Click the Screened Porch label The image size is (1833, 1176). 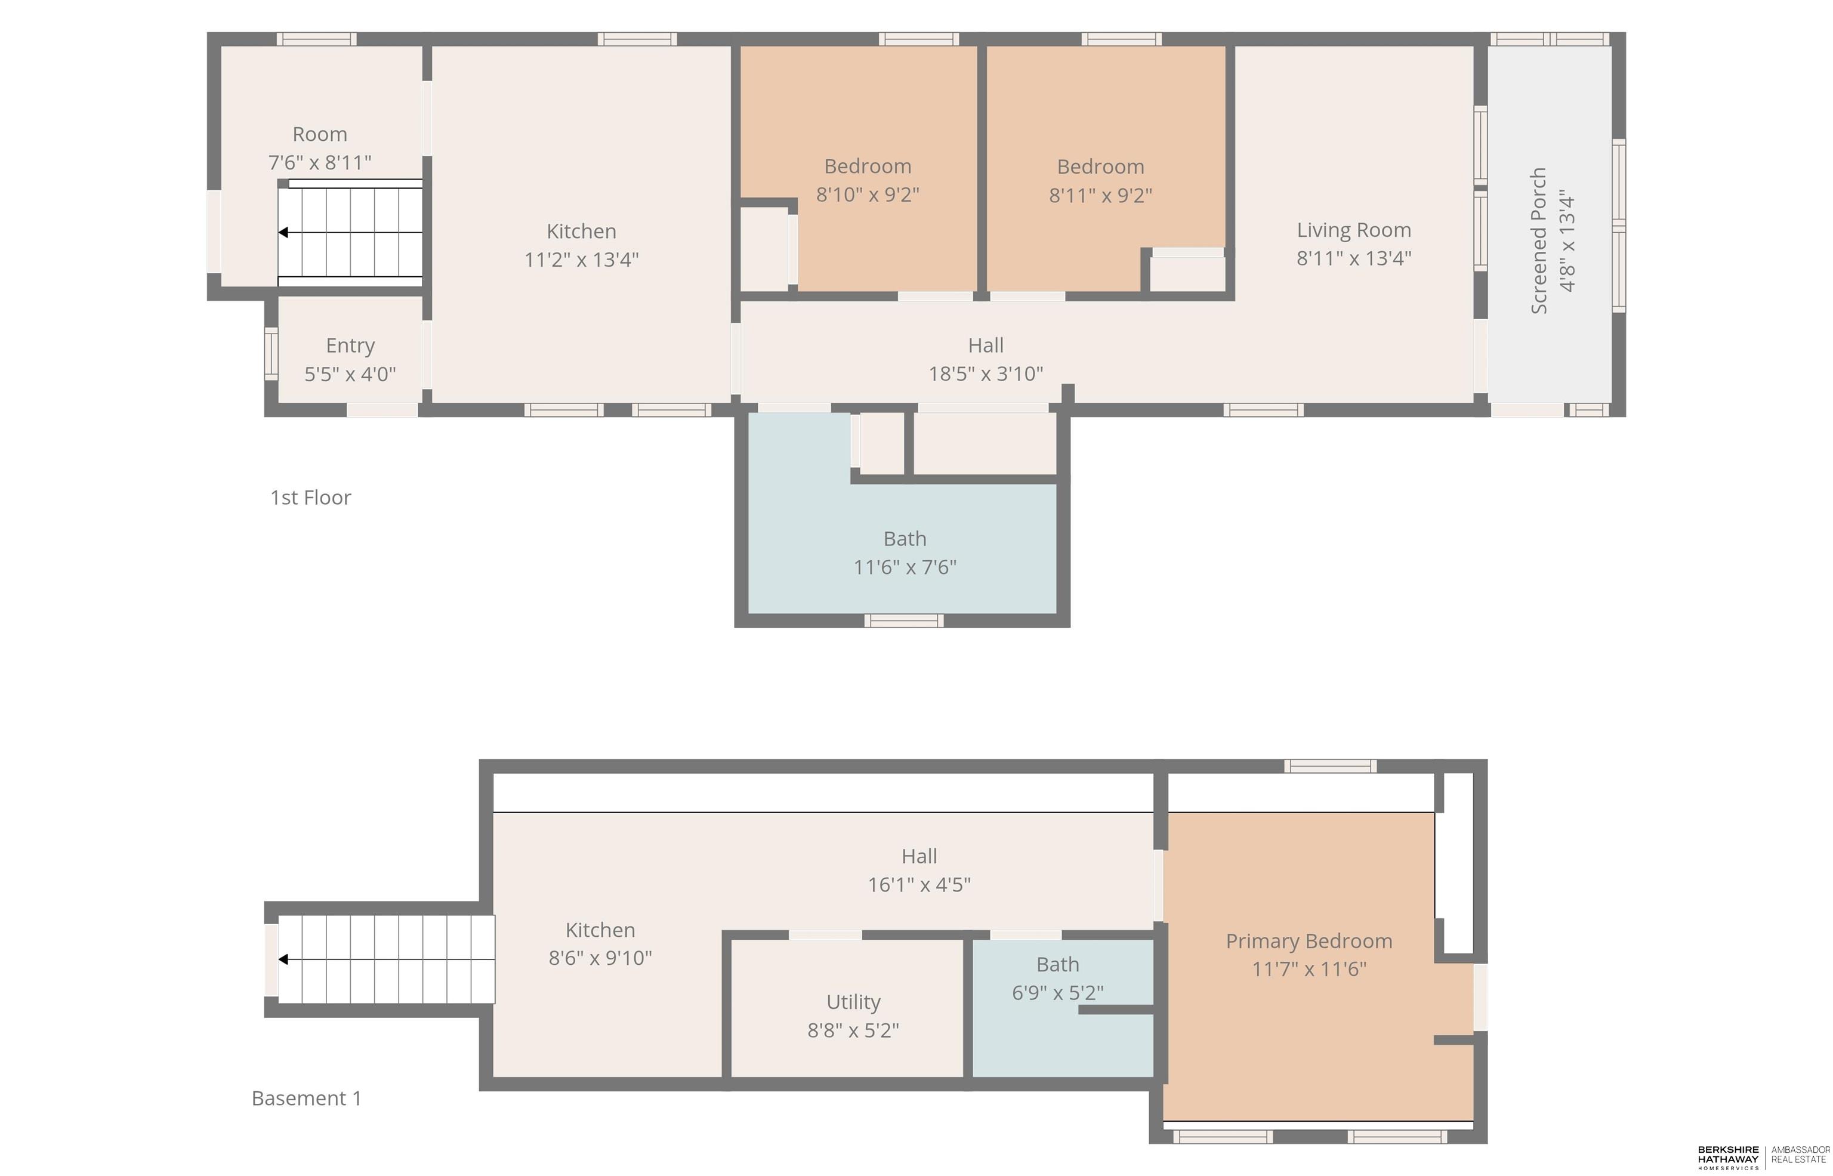click(x=1539, y=240)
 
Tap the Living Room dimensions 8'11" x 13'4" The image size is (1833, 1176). click(x=1353, y=258)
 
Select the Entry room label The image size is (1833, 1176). click(x=350, y=346)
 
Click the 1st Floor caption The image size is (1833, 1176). click(x=311, y=497)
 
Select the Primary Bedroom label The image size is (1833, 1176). click(x=1309, y=942)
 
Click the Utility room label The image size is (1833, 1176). click(x=853, y=1002)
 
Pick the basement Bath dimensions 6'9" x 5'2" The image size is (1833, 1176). click(x=1057, y=993)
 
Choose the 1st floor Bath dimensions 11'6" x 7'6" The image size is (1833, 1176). click(x=905, y=567)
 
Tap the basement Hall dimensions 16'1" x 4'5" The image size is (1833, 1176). click(x=919, y=884)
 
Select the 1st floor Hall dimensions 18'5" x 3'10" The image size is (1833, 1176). click(x=986, y=374)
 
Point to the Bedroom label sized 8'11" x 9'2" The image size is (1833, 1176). click(x=1100, y=166)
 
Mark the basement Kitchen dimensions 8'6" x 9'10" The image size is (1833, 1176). click(x=600, y=958)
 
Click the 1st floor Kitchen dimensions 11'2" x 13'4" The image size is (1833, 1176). click(x=581, y=260)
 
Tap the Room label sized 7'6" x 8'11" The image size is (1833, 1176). click(x=320, y=134)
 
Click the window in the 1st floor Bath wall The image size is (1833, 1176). click(x=904, y=621)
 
